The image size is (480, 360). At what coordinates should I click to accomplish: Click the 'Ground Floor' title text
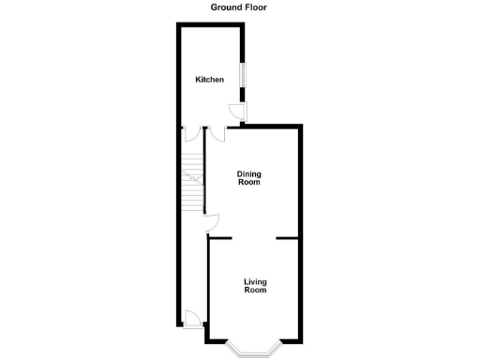(x=240, y=6)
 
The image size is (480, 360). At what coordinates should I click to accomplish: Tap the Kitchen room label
(x=209, y=80)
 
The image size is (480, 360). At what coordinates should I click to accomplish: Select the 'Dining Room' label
(x=248, y=178)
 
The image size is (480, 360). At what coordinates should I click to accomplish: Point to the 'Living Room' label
(x=255, y=286)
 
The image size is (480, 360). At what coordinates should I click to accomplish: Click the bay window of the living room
(x=254, y=348)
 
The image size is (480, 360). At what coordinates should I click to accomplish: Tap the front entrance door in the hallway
(x=191, y=319)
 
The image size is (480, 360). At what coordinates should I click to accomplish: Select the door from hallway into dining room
(x=212, y=222)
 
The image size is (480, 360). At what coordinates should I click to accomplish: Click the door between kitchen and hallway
(x=193, y=132)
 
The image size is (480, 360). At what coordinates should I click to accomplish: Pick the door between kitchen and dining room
(x=218, y=132)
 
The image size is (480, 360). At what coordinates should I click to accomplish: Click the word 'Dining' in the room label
(x=248, y=173)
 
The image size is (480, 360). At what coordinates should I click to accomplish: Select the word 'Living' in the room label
(x=255, y=281)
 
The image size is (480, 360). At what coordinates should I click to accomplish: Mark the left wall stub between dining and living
(x=220, y=238)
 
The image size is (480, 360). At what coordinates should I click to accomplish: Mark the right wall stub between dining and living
(x=288, y=238)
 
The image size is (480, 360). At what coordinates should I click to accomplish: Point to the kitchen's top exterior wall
(x=212, y=24)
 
